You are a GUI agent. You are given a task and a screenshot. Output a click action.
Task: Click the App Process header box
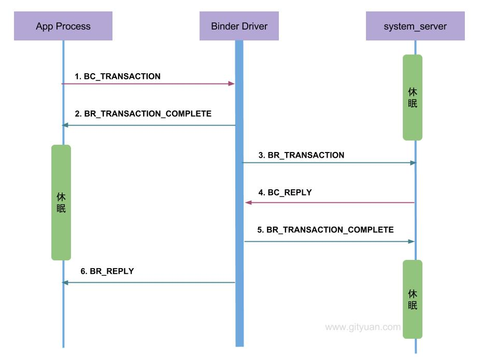(x=63, y=26)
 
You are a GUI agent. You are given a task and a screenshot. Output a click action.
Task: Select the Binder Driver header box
(x=239, y=26)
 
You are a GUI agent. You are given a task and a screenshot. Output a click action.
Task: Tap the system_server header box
(x=415, y=26)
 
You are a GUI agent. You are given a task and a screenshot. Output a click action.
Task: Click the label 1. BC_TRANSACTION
(x=118, y=76)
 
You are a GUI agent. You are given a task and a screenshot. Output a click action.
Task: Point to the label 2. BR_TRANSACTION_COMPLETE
(x=143, y=114)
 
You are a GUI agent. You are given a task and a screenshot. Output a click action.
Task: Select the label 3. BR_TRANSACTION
(x=301, y=155)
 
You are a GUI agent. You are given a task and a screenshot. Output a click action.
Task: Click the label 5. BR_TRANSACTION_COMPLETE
(x=326, y=230)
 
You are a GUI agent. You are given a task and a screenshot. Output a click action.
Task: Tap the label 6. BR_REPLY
(x=107, y=271)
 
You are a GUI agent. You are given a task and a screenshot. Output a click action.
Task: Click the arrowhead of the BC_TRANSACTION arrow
(x=232, y=84)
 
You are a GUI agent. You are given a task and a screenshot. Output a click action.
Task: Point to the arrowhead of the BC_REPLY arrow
(x=248, y=202)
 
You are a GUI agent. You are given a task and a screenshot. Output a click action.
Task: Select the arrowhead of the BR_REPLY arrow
(x=65, y=282)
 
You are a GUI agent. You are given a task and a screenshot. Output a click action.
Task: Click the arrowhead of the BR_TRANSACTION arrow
(x=413, y=163)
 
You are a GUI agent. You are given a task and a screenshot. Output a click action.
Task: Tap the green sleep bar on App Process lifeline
(x=61, y=202)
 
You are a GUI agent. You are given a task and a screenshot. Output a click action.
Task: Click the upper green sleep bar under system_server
(x=413, y=98)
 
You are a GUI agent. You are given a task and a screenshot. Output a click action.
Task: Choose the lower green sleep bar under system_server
(x=413, y=299)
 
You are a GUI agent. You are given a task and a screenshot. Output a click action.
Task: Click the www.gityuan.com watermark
(x=363, y=327)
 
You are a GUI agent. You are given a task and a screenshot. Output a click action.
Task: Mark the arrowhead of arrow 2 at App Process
(x=65, y=125)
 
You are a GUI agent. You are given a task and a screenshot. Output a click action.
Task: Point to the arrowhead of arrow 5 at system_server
(x=412, y=241)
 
